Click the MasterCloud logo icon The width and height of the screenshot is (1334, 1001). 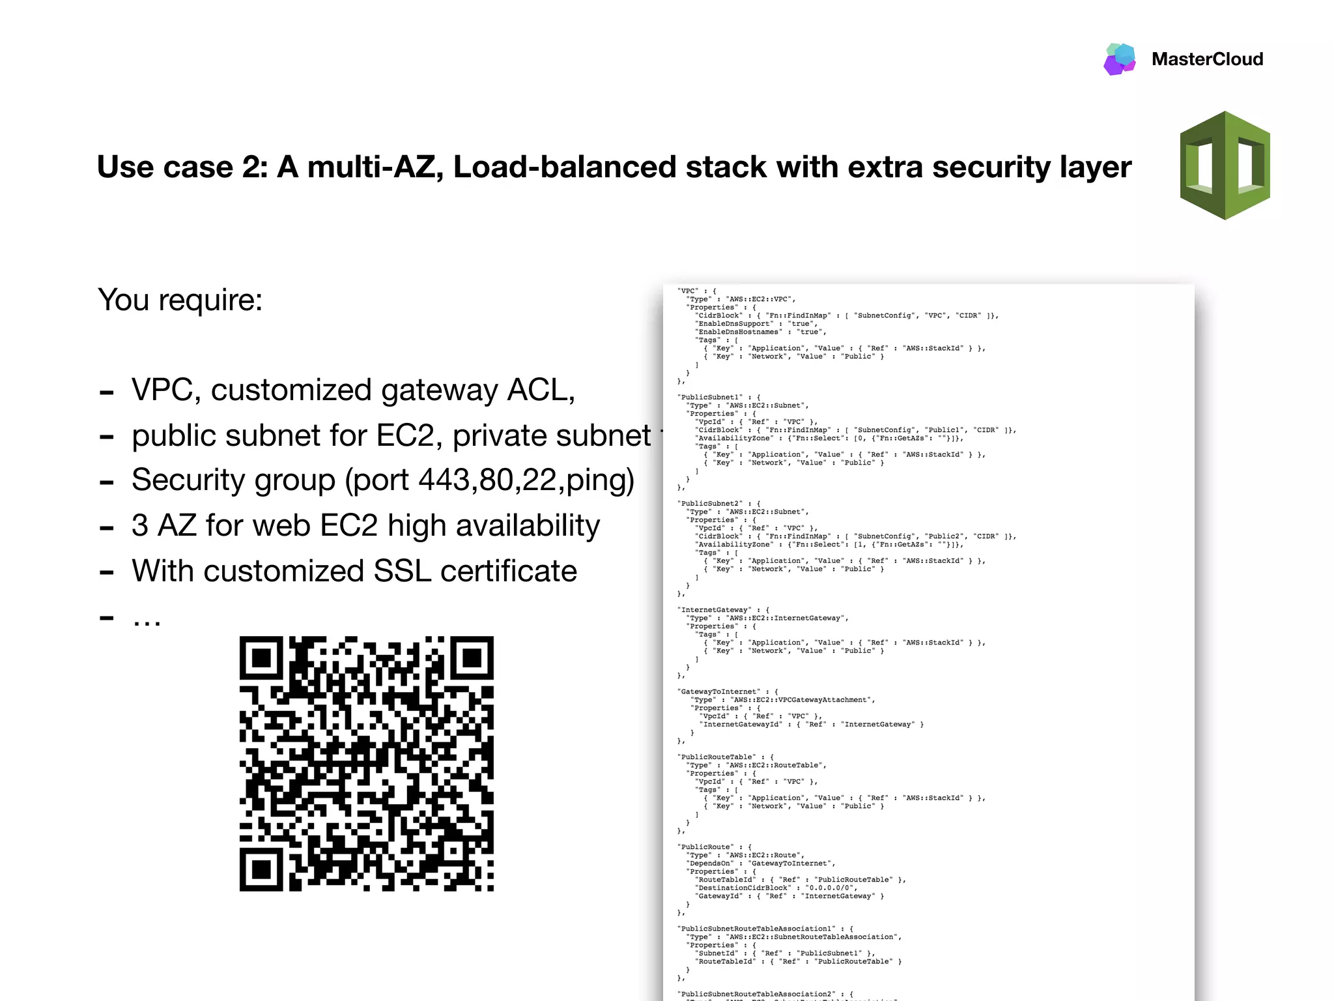[1120, 59]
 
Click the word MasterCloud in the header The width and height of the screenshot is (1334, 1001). [1207, 59]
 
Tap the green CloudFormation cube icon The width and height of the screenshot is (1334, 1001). [1225, 166]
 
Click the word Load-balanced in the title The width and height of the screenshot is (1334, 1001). [564, 167]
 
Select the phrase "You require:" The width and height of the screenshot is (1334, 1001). [180, 300]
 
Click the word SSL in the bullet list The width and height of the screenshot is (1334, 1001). [403, 571]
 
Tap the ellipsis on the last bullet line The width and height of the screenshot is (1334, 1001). [147, 617]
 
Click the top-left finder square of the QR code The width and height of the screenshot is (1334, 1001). [261, 658]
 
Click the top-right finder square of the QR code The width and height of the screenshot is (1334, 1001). [472, 658]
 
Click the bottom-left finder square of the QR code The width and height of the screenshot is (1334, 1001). [261, 869]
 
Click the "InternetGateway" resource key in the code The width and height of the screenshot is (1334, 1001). [715, 610]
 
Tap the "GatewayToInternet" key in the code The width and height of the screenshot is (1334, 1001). [718, 691]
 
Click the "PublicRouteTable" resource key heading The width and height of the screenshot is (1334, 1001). [717, 757]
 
